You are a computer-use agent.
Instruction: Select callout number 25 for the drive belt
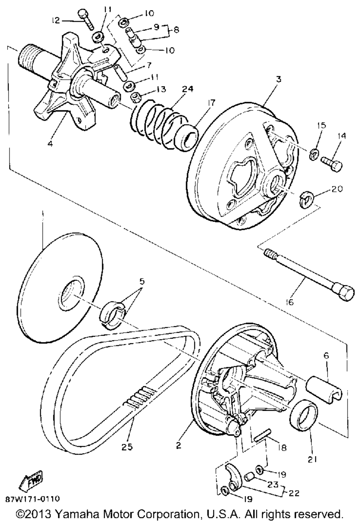point(127,447)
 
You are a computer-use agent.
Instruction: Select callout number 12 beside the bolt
point(55,21)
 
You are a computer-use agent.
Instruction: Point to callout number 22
point(294,493)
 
